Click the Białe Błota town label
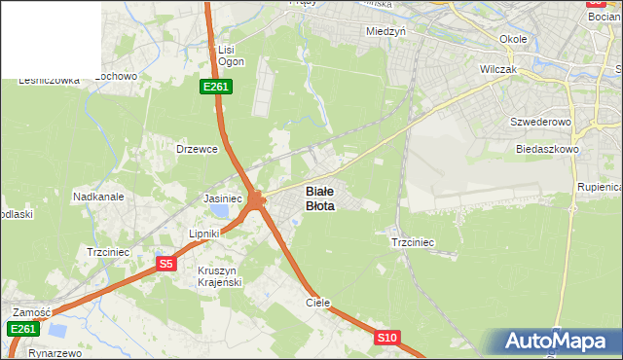tap(320, 198)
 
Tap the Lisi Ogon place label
tap(230, 54)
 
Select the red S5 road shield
tap(166, 264)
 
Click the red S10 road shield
tap(387, 338)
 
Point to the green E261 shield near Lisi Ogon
tap(215, 87)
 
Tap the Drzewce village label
tap(196, 149)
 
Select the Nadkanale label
tap(98, 196)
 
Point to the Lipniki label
tap(205, 234)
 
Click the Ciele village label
tap(318, 303)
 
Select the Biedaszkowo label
tap(548, 150)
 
